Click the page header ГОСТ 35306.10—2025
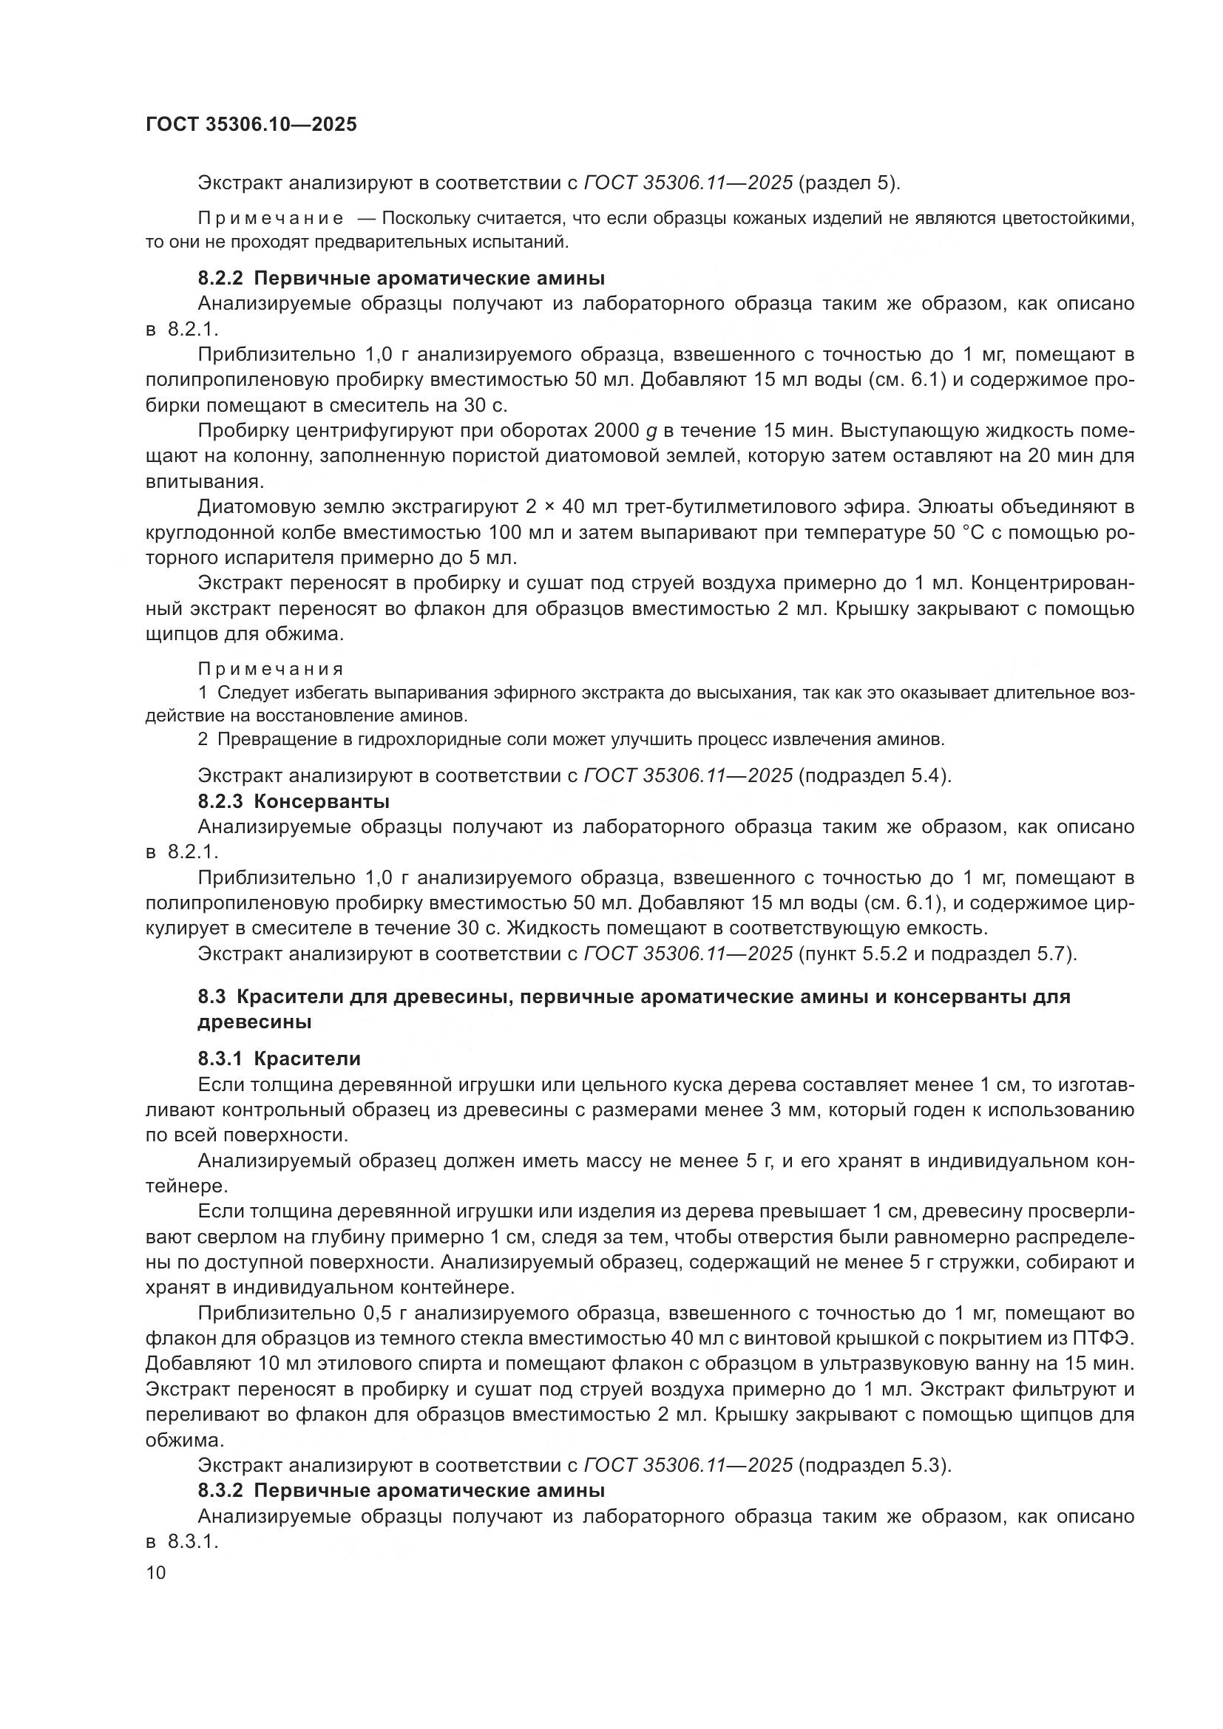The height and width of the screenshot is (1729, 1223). click(251, 125)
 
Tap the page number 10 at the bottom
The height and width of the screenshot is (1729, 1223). click(156, 1572)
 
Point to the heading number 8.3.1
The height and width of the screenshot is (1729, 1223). click(220, 1059)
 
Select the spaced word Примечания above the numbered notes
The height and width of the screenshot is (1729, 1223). click(271, 669)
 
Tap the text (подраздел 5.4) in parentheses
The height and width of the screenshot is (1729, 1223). click(875, 775)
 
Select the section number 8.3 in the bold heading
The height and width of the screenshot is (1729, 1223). click(211, 996)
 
